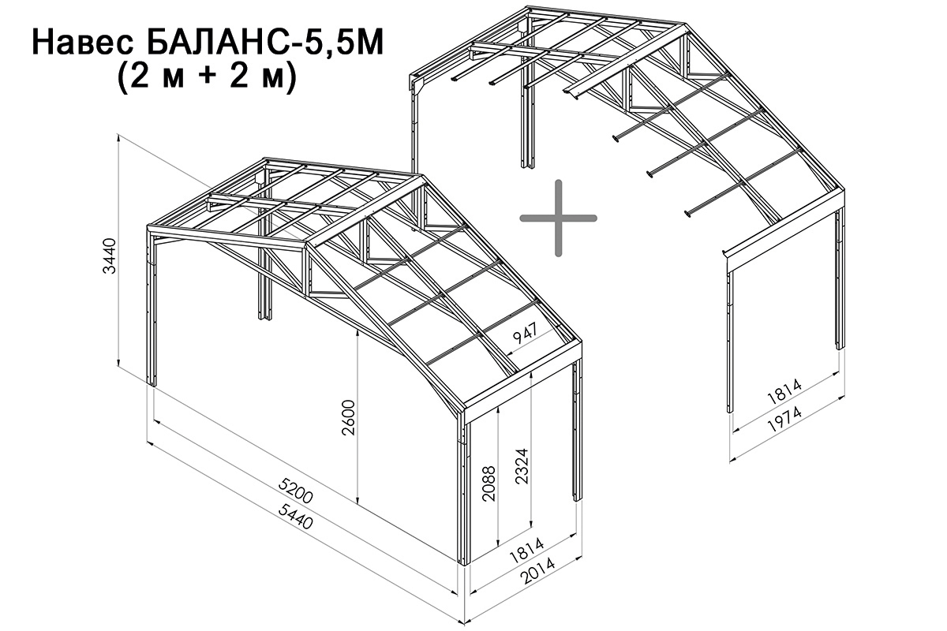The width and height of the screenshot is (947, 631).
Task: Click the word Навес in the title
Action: [83, 43]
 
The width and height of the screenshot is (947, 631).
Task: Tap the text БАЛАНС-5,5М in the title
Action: [265, 43]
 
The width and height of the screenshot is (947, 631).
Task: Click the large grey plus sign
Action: [558, 218]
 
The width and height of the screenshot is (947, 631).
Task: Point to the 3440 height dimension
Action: [110, 256]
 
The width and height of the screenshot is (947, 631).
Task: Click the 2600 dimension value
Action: [349, 417]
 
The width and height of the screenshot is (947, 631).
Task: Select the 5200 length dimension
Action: [295, 491]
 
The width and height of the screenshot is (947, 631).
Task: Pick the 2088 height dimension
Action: [488, 484]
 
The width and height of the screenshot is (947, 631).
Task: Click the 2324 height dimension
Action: [522, 465]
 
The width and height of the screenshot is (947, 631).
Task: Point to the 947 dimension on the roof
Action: [526, 332]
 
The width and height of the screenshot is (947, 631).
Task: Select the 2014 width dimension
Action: [537, 571]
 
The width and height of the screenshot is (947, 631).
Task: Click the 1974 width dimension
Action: [784, 419]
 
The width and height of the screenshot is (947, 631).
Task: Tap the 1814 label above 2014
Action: [527, 551]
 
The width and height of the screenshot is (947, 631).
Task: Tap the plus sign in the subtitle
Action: [208, 78]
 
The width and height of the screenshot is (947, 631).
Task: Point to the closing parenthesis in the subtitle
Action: [290, 78]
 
